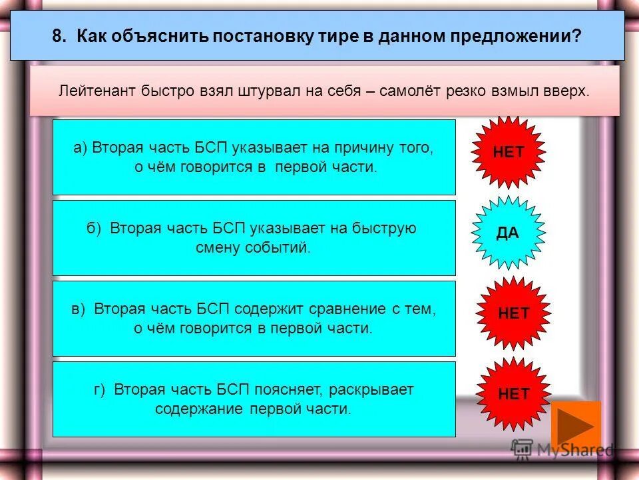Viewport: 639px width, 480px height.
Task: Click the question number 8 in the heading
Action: coord(60,36)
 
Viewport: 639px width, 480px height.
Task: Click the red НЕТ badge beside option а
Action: coord(509,152)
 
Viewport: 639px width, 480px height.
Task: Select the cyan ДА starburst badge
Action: coord(508,233)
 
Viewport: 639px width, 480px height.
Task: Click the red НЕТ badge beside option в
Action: coord(513,313)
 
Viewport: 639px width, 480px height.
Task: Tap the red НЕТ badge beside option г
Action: coord(513,393)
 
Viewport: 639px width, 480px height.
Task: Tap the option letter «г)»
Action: coord(100,389)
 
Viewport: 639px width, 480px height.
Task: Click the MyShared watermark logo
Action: coord(562,449)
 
